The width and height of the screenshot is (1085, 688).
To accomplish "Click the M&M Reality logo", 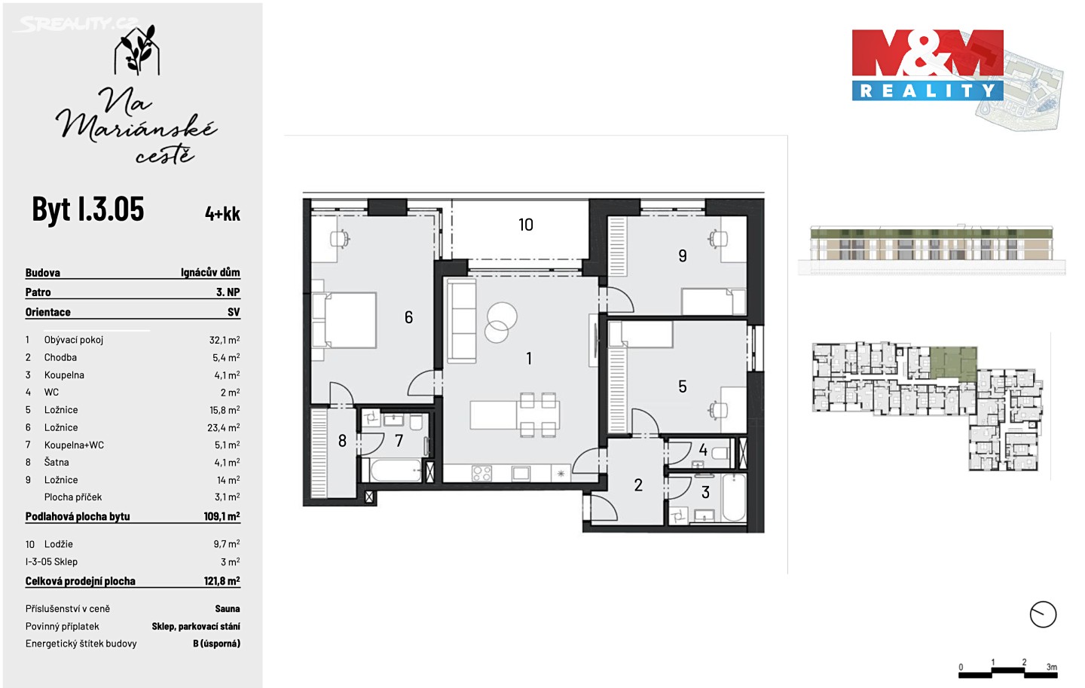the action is pos(927,65).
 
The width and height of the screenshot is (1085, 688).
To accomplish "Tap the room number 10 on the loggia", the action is pos(526,225).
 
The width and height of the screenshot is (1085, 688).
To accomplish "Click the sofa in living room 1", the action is pos(462,321).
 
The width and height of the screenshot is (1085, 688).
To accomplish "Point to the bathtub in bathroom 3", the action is pos(733,497).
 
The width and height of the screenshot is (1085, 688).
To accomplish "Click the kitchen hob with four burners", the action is pos(481,473).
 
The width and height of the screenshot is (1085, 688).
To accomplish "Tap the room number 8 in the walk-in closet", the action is pos(342,440).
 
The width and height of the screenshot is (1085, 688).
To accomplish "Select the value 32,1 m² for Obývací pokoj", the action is pos(225,340).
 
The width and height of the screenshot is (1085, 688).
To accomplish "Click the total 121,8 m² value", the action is pos(222,580).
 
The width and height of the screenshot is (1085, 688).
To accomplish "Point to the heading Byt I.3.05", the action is pos(87,209).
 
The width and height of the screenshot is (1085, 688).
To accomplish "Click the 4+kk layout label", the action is pos(222,214).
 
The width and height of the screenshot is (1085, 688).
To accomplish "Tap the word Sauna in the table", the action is pos(228,609).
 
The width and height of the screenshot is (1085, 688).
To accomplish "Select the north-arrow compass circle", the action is pos(1042,614).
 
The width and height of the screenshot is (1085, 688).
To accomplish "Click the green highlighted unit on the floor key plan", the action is pos(953,362).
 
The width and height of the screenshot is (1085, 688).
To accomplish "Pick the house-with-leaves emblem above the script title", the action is pos(137,50).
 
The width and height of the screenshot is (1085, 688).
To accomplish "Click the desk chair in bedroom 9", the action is pos(718,238).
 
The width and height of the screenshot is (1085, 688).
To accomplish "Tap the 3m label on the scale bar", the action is pos(1051,667).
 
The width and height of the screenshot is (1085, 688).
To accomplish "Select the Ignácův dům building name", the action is pos(210,272).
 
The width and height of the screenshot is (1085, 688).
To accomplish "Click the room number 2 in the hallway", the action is pos(638,485).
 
